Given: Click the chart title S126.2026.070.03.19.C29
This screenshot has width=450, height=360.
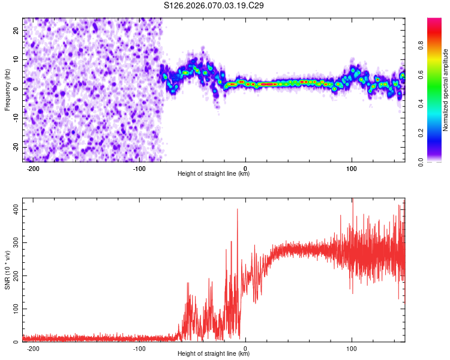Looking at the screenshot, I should (214, 5).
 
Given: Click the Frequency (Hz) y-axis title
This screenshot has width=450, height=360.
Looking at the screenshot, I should (7, 90).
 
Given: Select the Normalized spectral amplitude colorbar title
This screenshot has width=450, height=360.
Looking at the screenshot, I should (446, 90).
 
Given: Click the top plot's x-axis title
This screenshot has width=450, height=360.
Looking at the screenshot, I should (214, 174).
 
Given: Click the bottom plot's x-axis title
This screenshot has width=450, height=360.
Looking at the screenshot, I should (214, 354).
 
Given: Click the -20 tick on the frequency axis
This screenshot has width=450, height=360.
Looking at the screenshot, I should (16, 147).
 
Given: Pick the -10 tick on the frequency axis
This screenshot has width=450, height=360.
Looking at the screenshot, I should (16, 118).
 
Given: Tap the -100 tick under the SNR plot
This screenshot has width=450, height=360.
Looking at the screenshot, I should (139, 349).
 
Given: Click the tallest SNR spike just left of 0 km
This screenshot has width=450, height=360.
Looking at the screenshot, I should (238, 209).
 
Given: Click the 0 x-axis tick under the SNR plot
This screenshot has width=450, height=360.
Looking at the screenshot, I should (245, 349).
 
